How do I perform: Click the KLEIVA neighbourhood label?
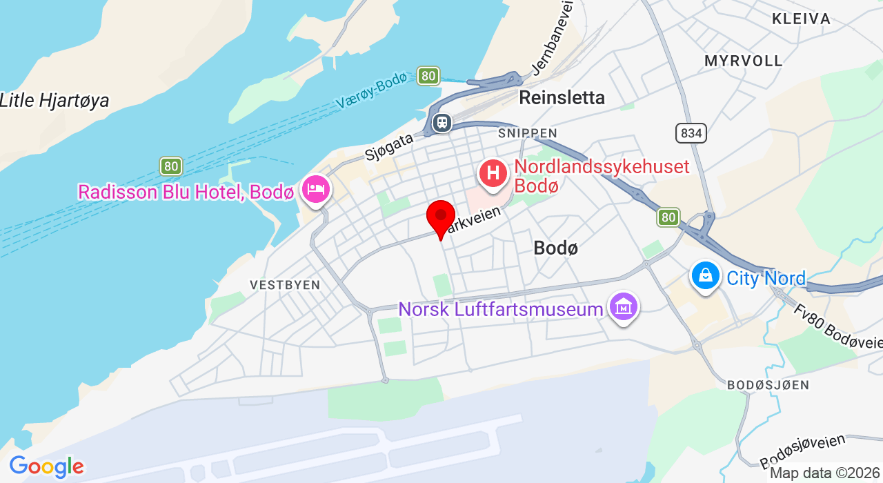[801, 19]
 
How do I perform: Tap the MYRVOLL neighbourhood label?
[744, 61]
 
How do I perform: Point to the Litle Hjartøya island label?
[54, 101]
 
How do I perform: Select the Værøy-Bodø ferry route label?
[372, 91]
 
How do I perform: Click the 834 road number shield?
[691, 133]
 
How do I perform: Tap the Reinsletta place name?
[562, 97]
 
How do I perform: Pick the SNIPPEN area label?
[528, 132]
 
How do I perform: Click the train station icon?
[441, 123]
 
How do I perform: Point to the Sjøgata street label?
[390, 147]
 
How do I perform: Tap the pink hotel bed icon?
[316, 188]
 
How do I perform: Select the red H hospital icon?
[494, 172]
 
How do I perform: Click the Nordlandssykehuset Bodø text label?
[602, 176]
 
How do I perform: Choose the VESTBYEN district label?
[285, 285]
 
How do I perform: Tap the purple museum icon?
[624, 307]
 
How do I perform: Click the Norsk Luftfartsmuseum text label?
[501, 310]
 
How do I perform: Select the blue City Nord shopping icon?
[705, 276]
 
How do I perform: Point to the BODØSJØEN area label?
[768, 385]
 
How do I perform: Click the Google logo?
[46, 467]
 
